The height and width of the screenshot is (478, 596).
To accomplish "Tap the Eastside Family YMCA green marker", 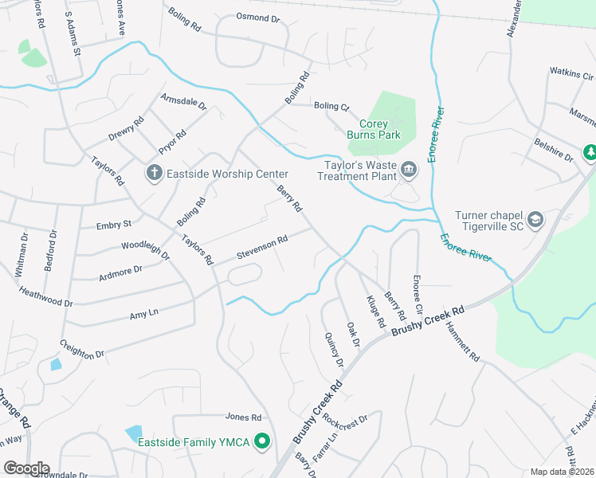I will pos(261,442).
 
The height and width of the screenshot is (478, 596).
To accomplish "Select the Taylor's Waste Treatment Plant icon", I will pos(409,169).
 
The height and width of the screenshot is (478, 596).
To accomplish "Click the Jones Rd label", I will pos(243,417).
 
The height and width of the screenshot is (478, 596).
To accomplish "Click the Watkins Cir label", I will pos(572,75).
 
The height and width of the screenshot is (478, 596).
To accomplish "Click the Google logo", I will pos(26,468).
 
